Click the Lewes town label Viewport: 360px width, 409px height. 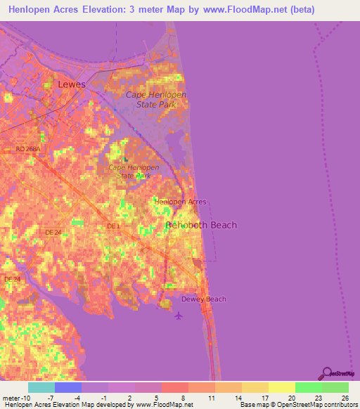[x=72, y=84]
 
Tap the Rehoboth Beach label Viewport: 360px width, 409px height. [x=201, y=225]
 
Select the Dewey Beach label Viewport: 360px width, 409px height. [x=204, y=299]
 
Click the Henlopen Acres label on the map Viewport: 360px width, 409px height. [x=181, y=202]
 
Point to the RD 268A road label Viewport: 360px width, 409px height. [x=28, y=149]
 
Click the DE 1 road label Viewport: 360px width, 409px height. [x=114, y=226]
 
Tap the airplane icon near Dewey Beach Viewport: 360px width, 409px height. [x=178, y=314]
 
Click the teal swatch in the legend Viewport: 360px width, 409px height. [x=41, y=387]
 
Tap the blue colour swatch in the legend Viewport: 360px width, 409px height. [x=68, y=387]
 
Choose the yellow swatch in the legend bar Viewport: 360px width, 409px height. [x=281, y=387]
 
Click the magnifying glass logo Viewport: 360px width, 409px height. [x=326, y=373]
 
